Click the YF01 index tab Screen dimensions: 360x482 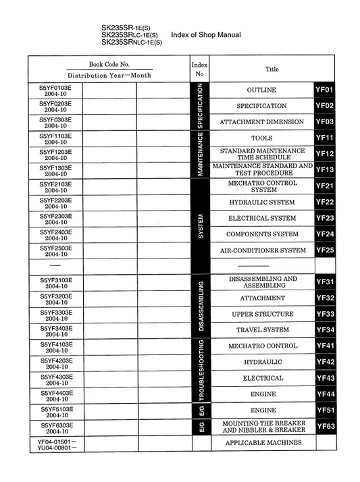tap(325, 90)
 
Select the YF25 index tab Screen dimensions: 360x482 tap(325, 250)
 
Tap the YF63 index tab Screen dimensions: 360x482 tap(325, 427)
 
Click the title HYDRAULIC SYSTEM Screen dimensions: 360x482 tap(262, 202)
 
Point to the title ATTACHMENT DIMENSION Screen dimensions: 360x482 tap(262, 122)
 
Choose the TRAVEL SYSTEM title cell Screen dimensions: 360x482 tap(262, 330)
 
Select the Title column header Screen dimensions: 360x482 tap(272, 69)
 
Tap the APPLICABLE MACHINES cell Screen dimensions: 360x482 tap(263, 443)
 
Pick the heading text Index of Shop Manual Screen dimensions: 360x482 tap(206, 34)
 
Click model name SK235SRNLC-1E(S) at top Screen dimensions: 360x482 tap(132, 42)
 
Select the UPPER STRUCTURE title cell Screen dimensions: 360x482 tap(262, 314)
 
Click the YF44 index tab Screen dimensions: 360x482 tap(325, 394)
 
